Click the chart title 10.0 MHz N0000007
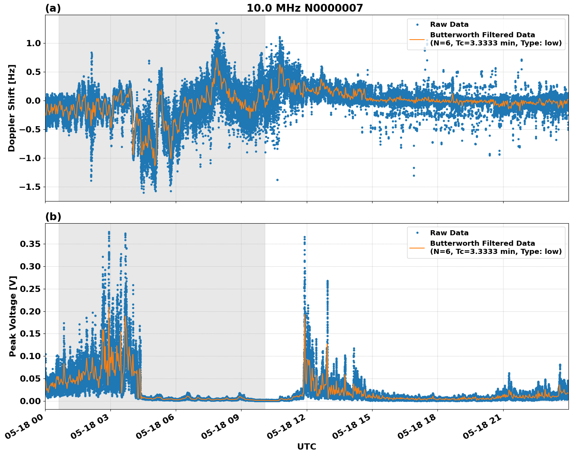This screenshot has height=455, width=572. click(x=304, y=8)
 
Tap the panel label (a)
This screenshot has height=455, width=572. click(x=53, y=8)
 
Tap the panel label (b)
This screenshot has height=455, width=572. click(x=53, y=217)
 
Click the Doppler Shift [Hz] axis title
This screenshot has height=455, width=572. click(x=12, y=108)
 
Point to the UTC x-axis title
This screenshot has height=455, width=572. click(x=306, y=446)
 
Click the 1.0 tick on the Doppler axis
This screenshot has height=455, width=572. click(x=33, y=43)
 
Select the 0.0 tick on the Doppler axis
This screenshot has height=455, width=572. click(x=33, y=101)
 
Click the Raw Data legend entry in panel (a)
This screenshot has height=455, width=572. click(x=449, y=25)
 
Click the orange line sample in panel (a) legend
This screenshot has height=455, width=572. click(x=417, y=39)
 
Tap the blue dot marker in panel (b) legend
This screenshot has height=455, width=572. click(x=417, y=233)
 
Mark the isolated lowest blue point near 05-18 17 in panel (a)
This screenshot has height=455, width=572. click(x=414, y=175)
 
